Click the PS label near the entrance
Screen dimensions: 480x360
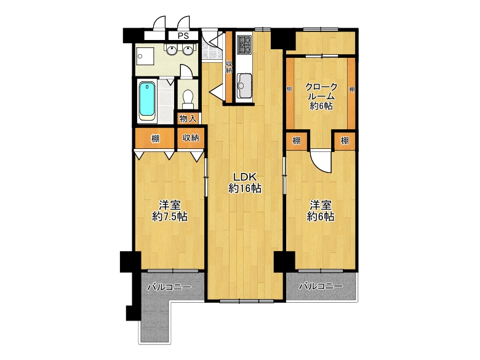(183, 36)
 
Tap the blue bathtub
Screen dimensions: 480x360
(147, 100)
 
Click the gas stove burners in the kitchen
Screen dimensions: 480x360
(244, 45)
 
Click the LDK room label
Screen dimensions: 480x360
(244, 177)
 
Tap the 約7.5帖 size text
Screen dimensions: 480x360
(170, 217)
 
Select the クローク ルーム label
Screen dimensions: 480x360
(321, 92)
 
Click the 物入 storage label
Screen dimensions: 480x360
(188, 119)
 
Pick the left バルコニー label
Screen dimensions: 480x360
(169, 287)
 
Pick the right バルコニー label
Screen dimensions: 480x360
(321, 287)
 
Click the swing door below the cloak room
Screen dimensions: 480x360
(321, 161)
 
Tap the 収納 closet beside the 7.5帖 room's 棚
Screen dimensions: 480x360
(191, 138)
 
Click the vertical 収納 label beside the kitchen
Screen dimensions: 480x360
(229, 67)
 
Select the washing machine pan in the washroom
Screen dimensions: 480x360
(145, 56)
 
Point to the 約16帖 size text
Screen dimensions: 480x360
(245, 188)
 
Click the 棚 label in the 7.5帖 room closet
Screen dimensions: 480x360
(156, 138)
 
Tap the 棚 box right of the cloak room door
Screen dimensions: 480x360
(345, 141)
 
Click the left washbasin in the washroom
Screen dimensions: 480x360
(172, 50)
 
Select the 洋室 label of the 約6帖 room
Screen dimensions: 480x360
(321, 206)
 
